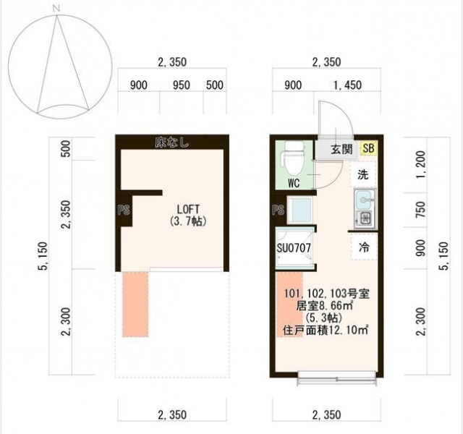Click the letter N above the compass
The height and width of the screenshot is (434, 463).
(x=56, y=9)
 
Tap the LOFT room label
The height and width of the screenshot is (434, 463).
(x=188, y=209)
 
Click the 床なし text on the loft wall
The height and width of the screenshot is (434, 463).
(x=172, y=143)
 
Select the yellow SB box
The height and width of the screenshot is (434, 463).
(x=368, y=148)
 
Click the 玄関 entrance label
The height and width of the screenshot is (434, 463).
(x=341, y=149)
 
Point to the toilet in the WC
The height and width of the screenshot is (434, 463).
(x=293, y=158)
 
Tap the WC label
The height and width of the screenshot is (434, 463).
(x=294, y=183)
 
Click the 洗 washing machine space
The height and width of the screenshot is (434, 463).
(x=363, y=175)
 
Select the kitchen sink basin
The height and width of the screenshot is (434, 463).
(x=365, y=200)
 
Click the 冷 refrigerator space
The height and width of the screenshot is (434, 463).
(x=364, y=247)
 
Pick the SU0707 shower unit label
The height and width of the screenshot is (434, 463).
(x=294, y=248)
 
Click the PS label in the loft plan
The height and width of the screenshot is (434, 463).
(x=124, y=210)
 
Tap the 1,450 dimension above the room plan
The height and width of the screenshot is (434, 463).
(x=347, y=85)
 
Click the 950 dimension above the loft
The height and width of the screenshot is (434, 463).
(x=181, y=85)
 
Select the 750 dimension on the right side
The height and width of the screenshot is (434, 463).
(x=420, y=210)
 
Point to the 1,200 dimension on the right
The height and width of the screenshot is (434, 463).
(x=420, y=164)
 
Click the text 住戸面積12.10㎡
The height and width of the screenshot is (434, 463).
(x=326, y=330)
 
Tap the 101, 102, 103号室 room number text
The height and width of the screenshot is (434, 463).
(x=326, y=294)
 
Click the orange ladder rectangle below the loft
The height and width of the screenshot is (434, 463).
(x=135, y=305)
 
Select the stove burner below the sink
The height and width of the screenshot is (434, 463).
(x=365, y=218)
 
